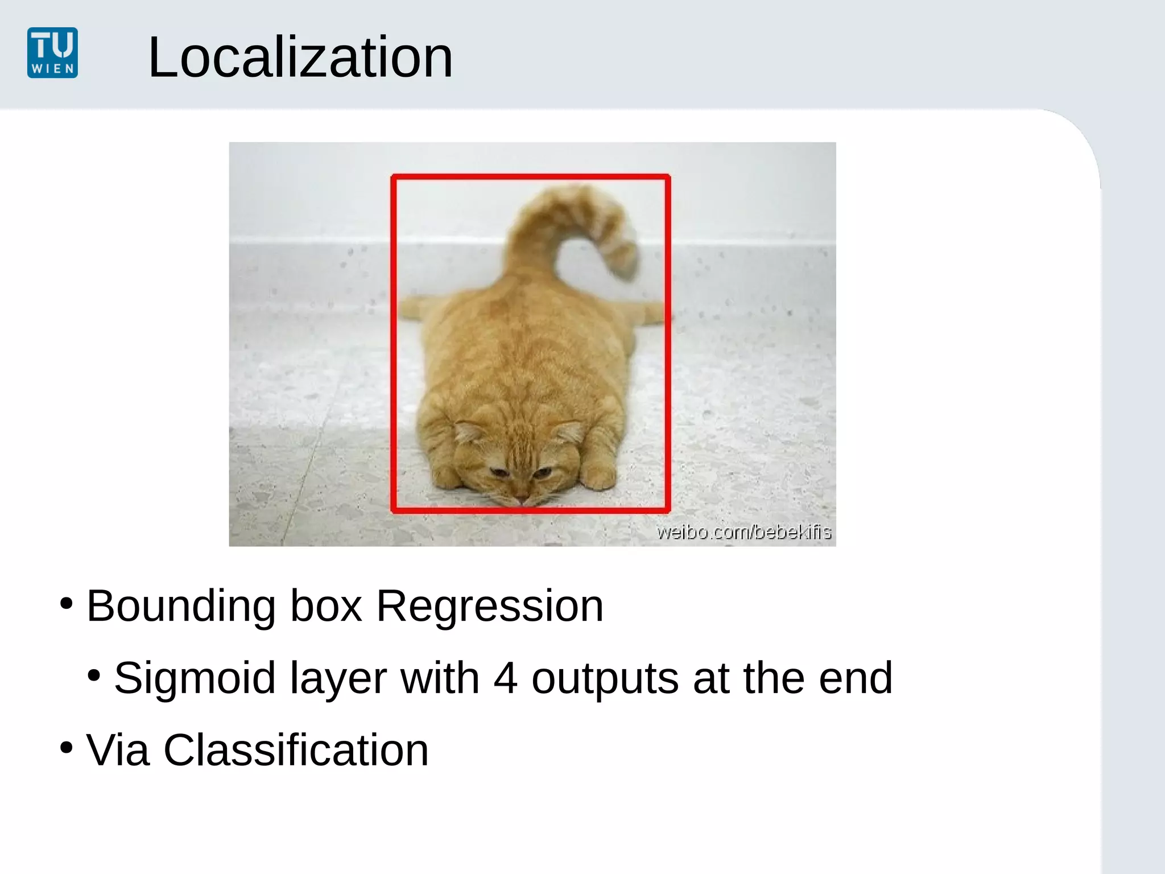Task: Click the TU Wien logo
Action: tap(52, 52)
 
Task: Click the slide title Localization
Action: tap(300, 57)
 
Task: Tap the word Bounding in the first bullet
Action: tap(181, 607)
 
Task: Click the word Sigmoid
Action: tap(195, 678)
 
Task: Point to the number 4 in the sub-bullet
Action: tap(505, 678)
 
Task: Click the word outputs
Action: tap(605, 678)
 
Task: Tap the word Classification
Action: tap(296, 751)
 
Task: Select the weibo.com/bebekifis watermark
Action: tap(743, 532)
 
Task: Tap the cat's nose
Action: tap(522, 499)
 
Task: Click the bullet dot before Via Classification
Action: tap(67, 747)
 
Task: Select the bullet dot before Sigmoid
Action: tap(94, 675)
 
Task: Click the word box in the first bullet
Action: tap(326, 607)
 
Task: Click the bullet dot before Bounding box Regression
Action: tap(67, 603)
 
